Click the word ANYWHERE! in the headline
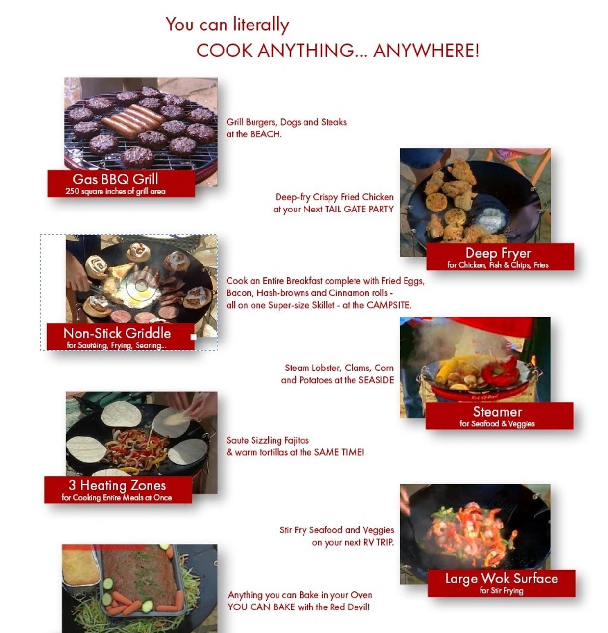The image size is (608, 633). point(426,51)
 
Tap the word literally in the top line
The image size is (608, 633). point(261,25)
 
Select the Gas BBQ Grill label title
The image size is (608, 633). point(115,179)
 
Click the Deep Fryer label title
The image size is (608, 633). point(498,253)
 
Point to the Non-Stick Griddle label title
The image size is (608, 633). point(117,333)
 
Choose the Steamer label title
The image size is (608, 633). point(498,412)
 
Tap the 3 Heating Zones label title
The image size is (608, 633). point(117,485)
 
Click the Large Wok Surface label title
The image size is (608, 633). point(502,579)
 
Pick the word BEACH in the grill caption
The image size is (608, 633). point(265,134)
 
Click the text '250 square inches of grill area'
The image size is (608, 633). point(115,191)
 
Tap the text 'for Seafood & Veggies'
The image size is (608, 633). point(497,423)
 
